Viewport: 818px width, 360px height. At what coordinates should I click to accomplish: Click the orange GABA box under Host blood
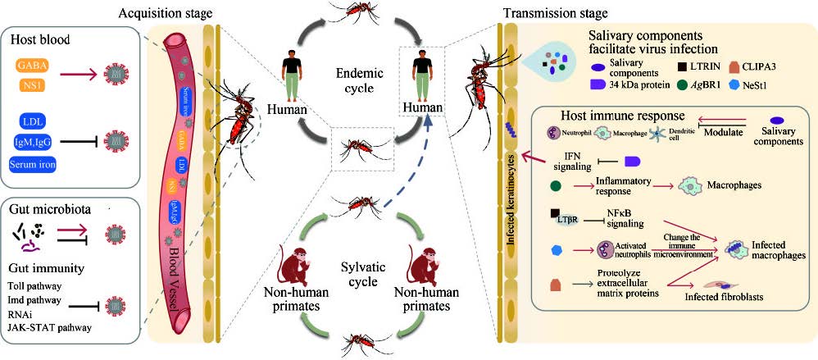click(x=40, y=63)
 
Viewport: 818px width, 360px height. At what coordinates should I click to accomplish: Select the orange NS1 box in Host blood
click(x=40, y=83)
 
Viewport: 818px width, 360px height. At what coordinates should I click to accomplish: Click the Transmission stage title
click(x=558, y=13)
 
